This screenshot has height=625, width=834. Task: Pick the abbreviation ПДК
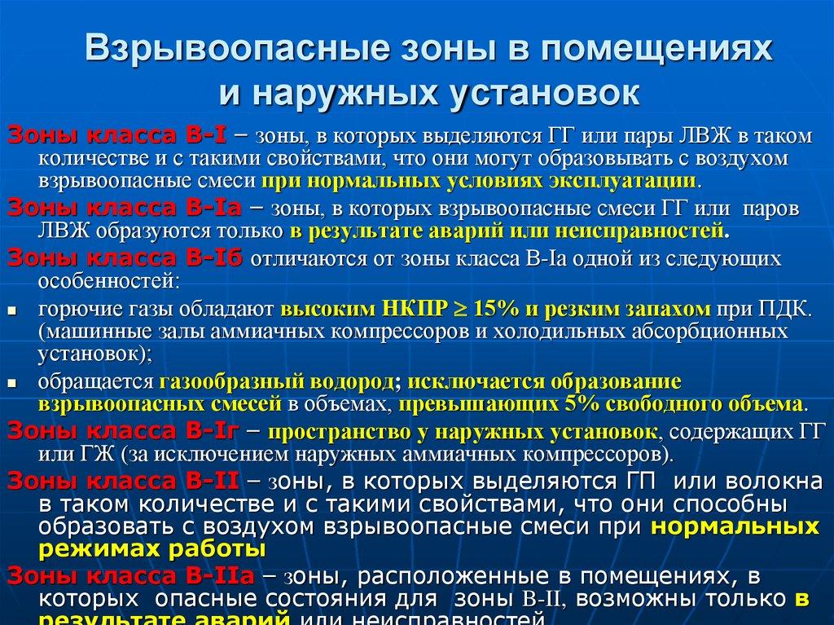785,310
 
